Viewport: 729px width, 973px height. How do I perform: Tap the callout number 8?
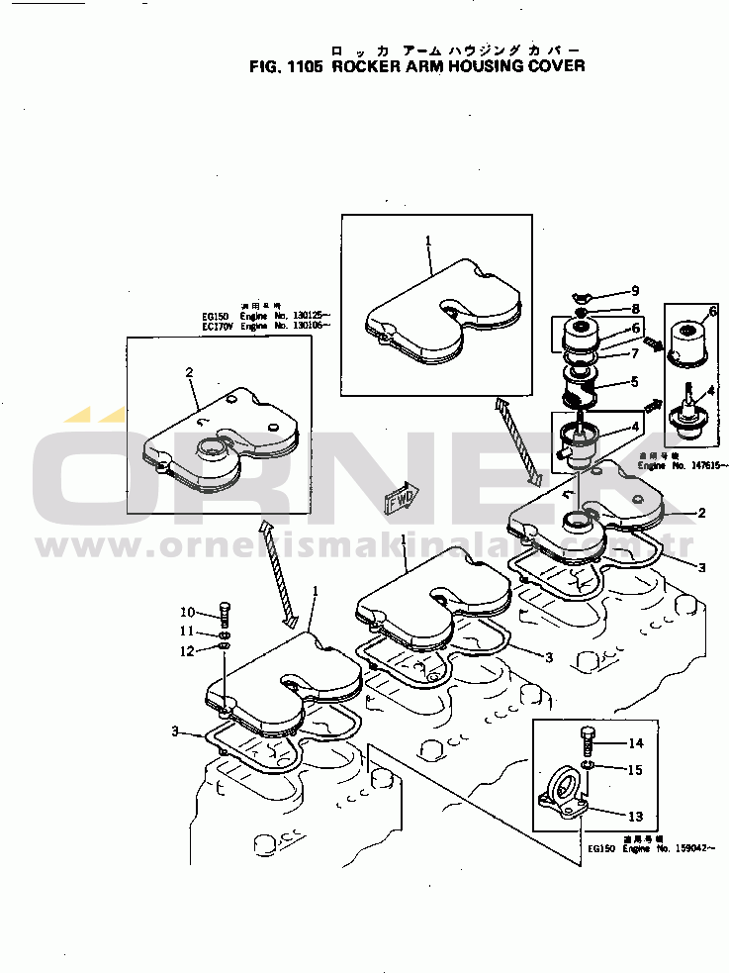tap(636, 310)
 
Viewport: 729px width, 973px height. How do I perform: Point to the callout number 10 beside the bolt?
tap(188, 612)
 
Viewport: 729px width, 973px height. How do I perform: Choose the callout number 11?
tap(188, 632)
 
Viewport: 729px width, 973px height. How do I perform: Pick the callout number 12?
tap(188, 650)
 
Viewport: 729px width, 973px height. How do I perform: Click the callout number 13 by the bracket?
tap(635, 816)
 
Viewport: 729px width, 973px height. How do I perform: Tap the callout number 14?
tap(635, 743)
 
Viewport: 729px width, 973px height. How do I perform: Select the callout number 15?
tap(635, 769)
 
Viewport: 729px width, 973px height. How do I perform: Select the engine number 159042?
tap(689, 848)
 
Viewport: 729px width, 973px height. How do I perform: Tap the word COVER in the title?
tap(553, 67)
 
